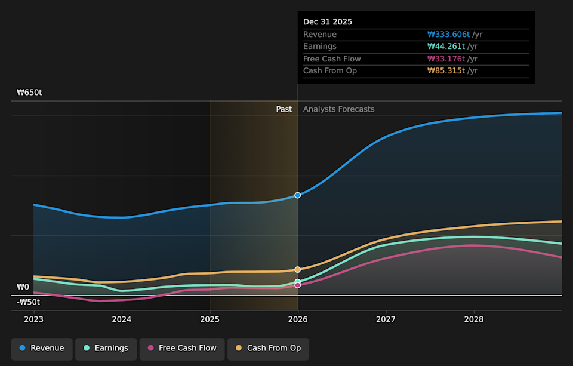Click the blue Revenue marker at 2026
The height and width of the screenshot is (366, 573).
298,195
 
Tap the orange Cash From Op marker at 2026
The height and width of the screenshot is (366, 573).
298,269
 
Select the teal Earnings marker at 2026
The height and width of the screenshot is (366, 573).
298,282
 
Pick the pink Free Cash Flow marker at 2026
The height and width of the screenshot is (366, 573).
298,285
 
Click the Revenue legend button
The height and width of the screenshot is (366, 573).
42,348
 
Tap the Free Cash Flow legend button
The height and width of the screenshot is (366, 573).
182,348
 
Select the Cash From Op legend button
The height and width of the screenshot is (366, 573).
268,348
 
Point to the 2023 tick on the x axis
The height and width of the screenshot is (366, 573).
34,319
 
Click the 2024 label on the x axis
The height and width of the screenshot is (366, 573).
122,319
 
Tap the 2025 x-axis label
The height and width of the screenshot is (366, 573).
210,319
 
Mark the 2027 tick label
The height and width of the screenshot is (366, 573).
386,319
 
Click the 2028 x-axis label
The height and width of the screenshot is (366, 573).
474,319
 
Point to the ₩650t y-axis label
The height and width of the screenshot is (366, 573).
29,93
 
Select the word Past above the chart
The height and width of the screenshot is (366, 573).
284,109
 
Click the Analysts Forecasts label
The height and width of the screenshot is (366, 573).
338,109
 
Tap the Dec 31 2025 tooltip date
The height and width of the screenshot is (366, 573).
328,22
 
